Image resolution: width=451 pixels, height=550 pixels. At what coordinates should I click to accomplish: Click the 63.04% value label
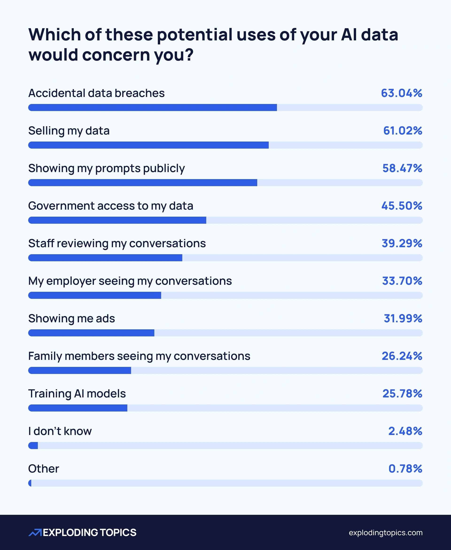tap(401, 93)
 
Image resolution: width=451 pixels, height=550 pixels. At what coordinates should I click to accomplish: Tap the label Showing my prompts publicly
tap(106, 169)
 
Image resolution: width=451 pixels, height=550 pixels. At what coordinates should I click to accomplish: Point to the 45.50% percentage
tap(402, 206)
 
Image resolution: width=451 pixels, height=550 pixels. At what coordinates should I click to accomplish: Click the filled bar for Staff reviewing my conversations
tap(105, 258)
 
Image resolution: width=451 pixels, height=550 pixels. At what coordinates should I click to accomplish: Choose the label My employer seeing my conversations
tap(130, 281)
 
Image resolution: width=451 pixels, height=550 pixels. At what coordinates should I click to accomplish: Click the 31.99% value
tap(403, 319)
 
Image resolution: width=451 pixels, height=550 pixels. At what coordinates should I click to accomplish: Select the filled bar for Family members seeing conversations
tap(79, 370)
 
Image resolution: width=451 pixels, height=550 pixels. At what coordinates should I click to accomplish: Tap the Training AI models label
tap(77, 394)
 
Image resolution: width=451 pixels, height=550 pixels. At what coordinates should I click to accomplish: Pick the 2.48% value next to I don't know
tap(405, 431)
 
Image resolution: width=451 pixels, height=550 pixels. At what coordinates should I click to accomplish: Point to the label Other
tap(44, 469)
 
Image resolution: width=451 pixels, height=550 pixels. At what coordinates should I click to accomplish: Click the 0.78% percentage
tap(405, 469)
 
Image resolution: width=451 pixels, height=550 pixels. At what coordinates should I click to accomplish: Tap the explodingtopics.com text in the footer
tap(385, 533)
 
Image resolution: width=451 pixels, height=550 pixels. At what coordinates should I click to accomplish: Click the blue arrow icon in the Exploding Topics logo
tap(35, 533)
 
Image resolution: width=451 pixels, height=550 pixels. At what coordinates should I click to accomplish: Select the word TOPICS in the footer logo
tap(118, 533)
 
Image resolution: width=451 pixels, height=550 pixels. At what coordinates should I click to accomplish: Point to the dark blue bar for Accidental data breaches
tap(152, 108)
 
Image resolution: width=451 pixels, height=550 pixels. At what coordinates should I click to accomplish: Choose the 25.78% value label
tap(402, 394)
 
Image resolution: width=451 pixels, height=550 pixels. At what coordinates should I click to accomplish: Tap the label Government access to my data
tap(111, 206)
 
